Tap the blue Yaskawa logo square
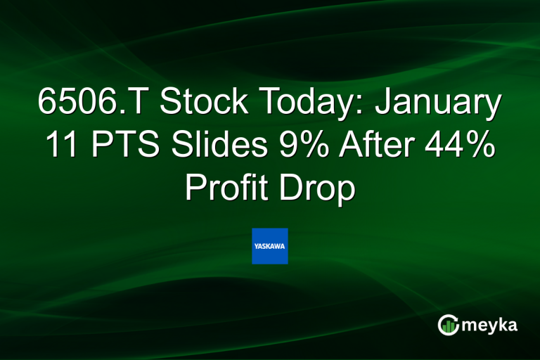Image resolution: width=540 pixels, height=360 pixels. (270, 246)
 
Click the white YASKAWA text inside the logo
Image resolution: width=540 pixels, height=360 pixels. (270, 246)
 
